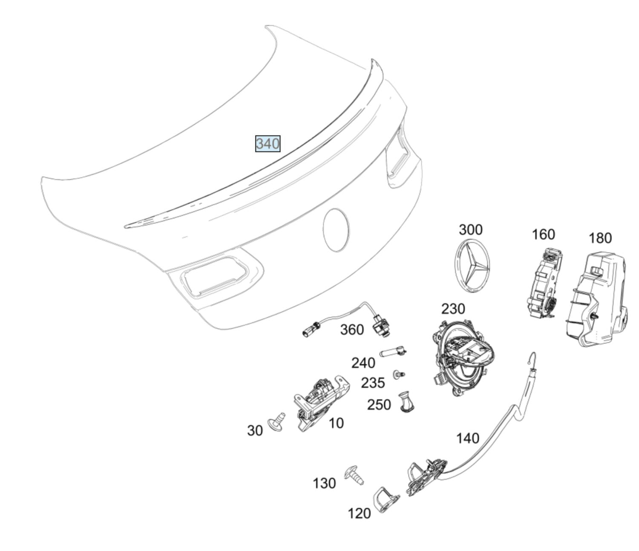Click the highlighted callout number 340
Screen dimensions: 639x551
click(x=268, y=144)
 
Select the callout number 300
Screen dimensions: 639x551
click(x=470, y=230)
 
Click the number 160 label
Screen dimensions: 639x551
click(x=543, y=234)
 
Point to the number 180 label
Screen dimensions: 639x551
click(x=600, y=238)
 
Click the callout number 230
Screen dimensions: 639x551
click(x=453, y=309)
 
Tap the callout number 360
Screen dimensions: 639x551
click(x=352, y=330)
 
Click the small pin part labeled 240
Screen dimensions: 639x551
click(x=393, y=352)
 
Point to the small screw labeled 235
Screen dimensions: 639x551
click(x=399, y=374)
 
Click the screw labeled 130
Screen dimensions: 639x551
click(x=354, y=475)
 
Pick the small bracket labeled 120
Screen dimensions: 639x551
click(x=386, y=501)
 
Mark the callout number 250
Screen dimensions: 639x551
click(x=379, y=405)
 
